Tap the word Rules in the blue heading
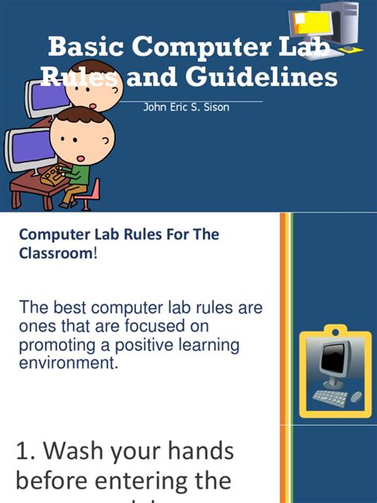pyautogui.click(x=130, y=235)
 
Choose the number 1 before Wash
pyautogui.click(x=24, y=451)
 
